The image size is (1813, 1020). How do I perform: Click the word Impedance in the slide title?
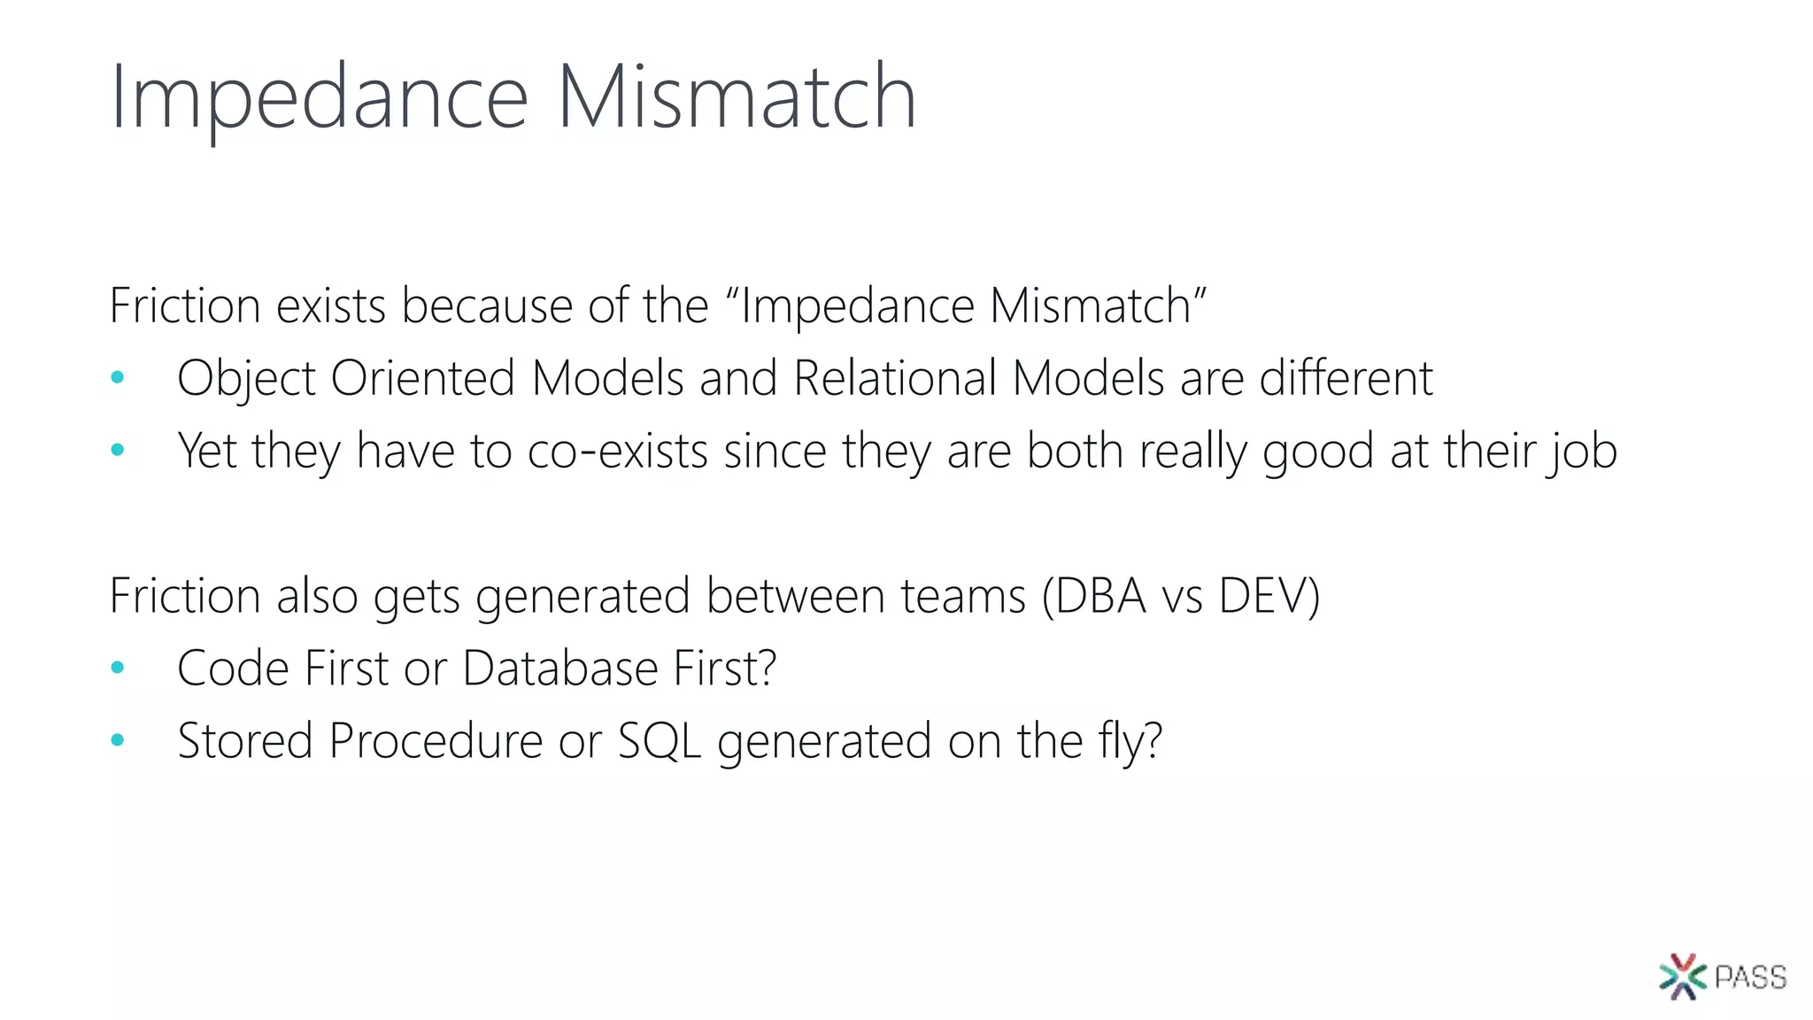pos(319,97)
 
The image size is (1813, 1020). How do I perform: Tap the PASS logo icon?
pos(1683,977)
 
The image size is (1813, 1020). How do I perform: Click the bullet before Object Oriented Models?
pos(118,378)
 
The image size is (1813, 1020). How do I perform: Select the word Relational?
pos(895,378)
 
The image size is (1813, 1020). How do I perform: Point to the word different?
pos(1346,378)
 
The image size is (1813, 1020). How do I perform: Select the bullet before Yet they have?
pos(118,451)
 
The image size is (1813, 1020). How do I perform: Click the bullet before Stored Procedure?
pos(118,740)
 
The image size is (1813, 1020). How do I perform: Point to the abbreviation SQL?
pos(660,740)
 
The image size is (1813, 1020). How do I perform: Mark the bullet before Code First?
pos(118,668)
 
